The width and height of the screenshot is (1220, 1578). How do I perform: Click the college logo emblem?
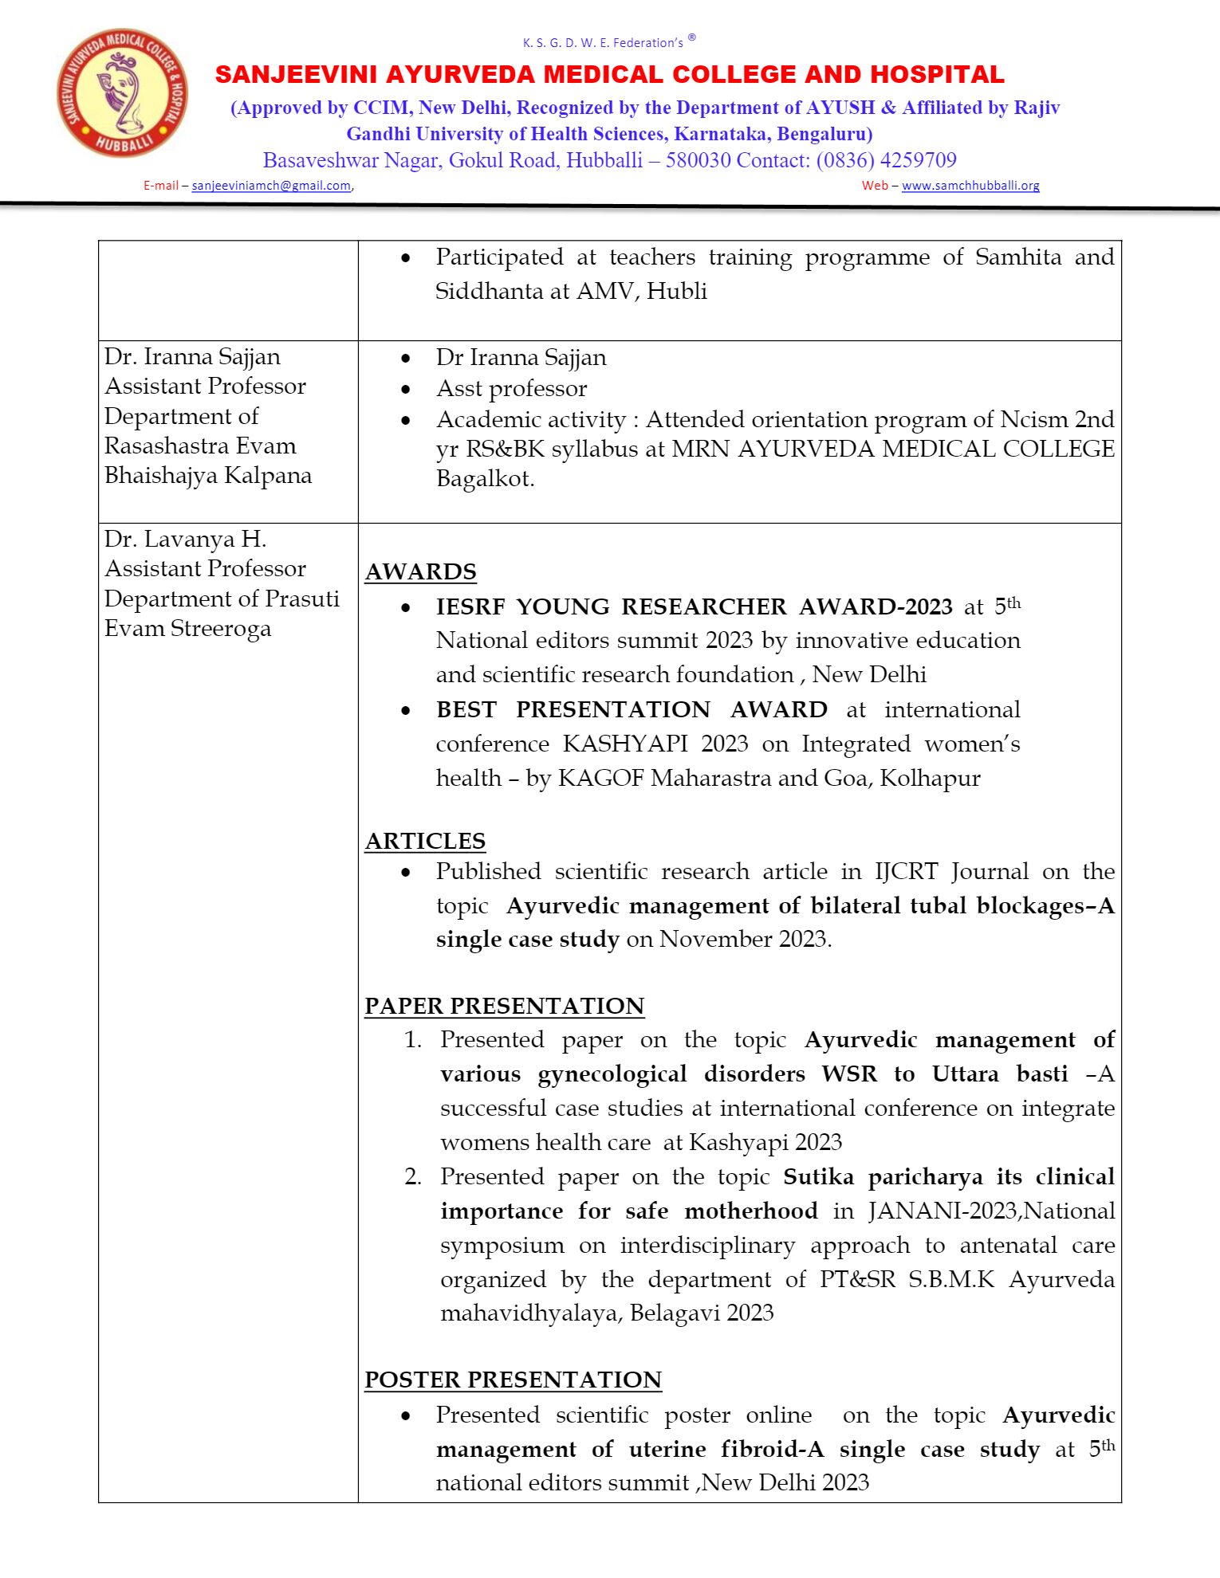[122, 92]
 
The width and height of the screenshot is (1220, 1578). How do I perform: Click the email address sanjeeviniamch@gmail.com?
[271, 186]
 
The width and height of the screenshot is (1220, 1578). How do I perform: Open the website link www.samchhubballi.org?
[970, 186]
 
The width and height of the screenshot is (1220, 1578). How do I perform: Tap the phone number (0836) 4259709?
[886, 160]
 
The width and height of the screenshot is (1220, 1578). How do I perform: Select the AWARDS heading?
[420, 572]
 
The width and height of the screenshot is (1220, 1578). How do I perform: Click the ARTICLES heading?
[425, 842]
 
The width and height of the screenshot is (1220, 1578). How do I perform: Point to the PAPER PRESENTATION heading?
[504, 1006]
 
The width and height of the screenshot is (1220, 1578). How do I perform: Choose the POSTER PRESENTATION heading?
[513, 1380]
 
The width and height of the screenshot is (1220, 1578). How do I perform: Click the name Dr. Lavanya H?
[185, 540]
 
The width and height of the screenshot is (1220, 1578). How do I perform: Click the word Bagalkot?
[485, 479]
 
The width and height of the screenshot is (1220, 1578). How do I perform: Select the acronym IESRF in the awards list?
[470, 607]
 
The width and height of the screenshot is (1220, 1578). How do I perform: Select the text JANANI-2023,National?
[991, 1211]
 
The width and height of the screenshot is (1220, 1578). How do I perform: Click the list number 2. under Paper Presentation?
[413, 1177]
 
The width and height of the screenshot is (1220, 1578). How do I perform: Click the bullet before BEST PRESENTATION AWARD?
[406, 711]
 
